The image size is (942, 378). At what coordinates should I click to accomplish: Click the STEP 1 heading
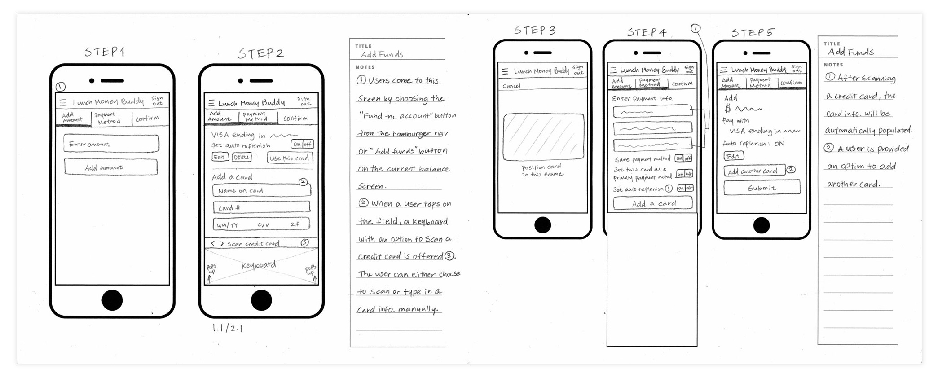pyautogui.click(x=105, y=52)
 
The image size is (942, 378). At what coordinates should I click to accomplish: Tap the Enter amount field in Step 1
pyautogui.click(x=111, y=144)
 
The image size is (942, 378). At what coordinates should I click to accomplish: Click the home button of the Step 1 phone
pyautogui.click(x=112, y=300)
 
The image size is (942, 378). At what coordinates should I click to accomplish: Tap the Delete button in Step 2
pyautogui.click(x=242, y=157)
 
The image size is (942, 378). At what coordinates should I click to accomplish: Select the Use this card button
pyautogui.click(x=290, y=158)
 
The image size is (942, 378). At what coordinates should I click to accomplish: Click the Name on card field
pyautogui.click(x=261, y=190)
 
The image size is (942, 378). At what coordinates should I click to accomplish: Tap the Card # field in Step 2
pyautogui.click(x=261, y=207)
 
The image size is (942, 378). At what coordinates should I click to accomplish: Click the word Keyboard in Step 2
pyautogui.click(x=259, y=265)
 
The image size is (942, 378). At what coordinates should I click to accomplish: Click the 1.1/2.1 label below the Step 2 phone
pyautogui.click(x=227, y=328)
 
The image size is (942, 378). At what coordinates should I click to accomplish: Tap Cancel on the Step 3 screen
pyautogui.click(x=511, y=86)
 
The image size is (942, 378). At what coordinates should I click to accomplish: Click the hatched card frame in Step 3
pyautogui.click(x=543, y=137)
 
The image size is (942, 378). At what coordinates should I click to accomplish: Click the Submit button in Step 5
pyautogui.click(x=762, y=188)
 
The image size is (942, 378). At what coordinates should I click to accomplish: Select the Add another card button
pyautogui.click(x=754, y=171)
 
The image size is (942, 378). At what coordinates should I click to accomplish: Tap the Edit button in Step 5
pyautogui.click(x=733, y=156)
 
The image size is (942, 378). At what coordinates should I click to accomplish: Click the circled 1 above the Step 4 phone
pyautogui.click(x=695, y=29)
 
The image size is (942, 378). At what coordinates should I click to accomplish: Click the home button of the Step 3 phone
pyautogui.click(x=542, y=224)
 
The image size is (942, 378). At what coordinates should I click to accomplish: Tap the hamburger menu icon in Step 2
pyautogui.click(x=211, y=103)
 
